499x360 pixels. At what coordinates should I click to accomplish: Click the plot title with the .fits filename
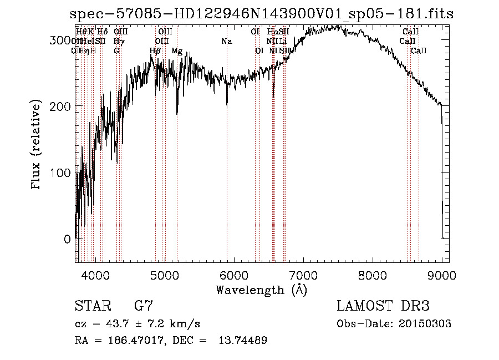[262, 14]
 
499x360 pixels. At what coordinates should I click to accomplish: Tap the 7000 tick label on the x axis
[303, 274]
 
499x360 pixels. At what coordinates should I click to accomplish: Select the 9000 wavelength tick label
[442, 274]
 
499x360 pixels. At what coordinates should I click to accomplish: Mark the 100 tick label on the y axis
[61, 173]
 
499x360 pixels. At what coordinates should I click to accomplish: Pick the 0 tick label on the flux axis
[67, 239]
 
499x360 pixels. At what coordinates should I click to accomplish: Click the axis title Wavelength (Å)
[261, 290]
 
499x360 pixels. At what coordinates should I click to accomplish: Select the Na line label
[226, 42]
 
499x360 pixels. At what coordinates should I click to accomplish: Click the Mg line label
[177, 51]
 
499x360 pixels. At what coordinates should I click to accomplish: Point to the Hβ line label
[155, 51]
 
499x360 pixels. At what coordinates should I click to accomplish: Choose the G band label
[116, 51]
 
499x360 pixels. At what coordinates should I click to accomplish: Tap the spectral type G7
[143, 306]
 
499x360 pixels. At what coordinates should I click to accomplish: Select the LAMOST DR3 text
[383, 306]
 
